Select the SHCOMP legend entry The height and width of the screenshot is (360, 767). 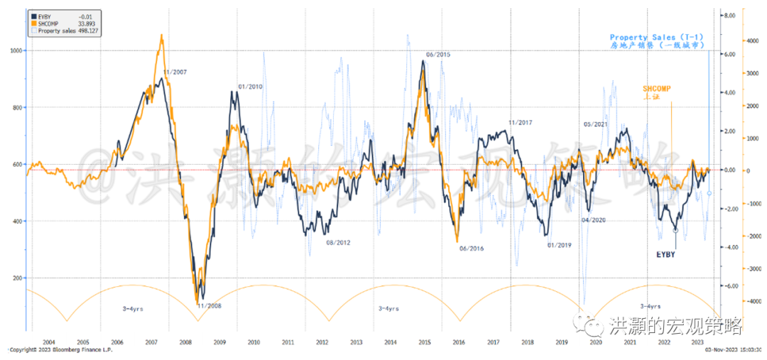pyautogui.click(x=49, y=23)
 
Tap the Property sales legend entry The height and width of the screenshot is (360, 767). pyautogui.click(x=58, y=31)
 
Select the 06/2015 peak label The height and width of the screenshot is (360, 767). pyautogui.click(x=438, y=55)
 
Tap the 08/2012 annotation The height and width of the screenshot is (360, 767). pyautogui.click(x=339, y=243)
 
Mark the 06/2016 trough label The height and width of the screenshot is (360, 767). pyautogui.click(x=472, y=248)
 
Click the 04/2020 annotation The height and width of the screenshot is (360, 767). pyautogui.click(x=593, y=219)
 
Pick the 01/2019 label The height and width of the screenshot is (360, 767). pyautogui.click(x=559, y=245)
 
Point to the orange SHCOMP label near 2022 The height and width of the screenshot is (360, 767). pyautogui.click(x=656, y=88)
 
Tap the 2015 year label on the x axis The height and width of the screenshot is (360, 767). pyautogui.click(x=424, y=342)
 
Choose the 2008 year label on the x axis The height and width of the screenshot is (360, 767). pyautogui.click(x=185, y=342)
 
